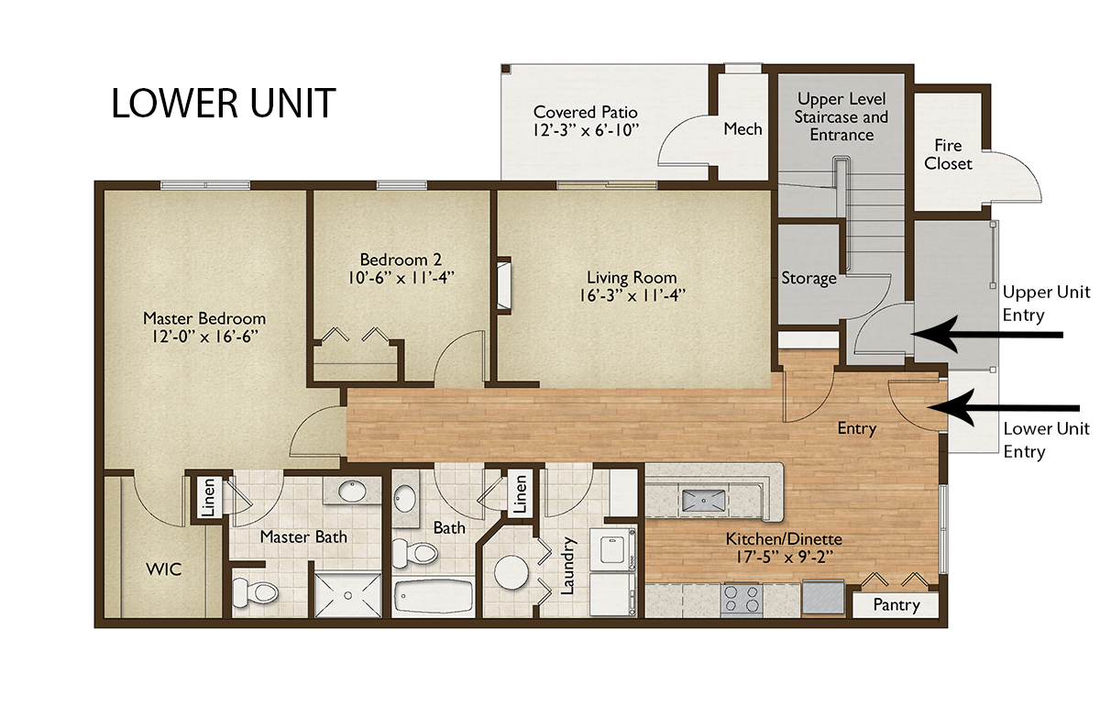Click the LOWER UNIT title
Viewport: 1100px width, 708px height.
224,104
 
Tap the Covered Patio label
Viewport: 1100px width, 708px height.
586,112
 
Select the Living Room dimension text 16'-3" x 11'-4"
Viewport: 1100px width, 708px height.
632,296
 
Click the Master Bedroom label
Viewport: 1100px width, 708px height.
204,318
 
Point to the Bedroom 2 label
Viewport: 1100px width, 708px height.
401,260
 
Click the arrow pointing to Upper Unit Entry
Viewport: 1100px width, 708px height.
987,335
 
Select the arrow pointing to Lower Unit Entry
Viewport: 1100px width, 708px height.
1003,408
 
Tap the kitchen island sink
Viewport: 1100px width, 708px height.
703,501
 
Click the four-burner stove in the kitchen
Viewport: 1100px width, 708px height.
742,599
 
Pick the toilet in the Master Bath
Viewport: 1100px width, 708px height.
255,592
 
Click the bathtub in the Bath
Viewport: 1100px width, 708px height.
434,595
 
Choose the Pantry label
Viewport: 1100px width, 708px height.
896,605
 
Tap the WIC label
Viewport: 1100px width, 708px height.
164,570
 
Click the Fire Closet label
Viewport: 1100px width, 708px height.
948,154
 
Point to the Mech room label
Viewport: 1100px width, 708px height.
742,129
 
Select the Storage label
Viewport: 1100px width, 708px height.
808,278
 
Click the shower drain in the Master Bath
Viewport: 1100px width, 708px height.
348,595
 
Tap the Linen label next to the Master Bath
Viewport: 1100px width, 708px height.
209,497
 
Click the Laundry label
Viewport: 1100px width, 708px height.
567,566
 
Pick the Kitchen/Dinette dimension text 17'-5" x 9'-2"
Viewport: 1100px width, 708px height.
785,558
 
